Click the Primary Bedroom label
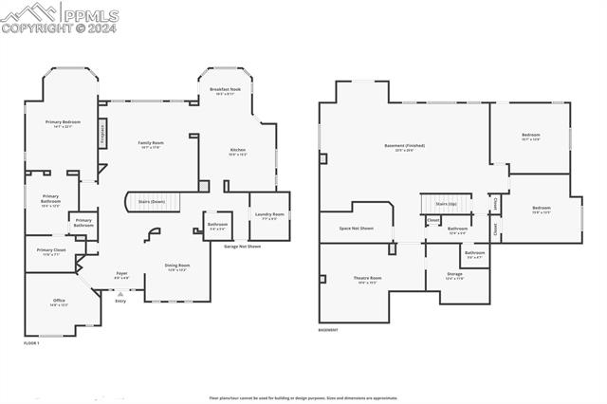click(x=64, y=122)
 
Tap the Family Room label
click(x=151, y=143)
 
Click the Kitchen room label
click(x=237, y=151)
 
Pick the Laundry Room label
click(x=269, y=214)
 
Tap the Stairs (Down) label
click(x=152, y=202)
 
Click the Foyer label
click(x=122, y=273)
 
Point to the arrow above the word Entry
click(x=120, y=293)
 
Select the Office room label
click(x=59, y=301)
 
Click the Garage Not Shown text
click(x=242, y=246)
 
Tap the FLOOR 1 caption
click(x=32, y=342)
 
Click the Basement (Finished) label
click(x=404, y=146)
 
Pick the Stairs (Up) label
click(x=446, y=204)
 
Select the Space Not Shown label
click(x=357, y=229)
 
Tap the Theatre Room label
click(x=366, y=278)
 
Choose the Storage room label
click(x=454, y=274)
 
